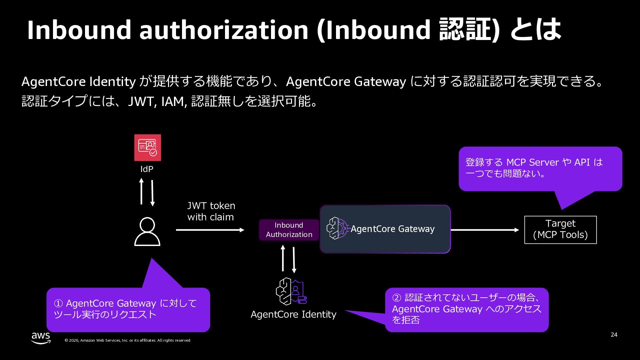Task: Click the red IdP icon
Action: click(147, 148)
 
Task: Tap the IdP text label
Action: click(147, 169)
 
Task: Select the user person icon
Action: click(147, 231)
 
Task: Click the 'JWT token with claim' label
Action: click(211, 211)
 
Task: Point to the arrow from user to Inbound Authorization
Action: click(210, 230)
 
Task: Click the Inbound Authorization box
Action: click(289, 230)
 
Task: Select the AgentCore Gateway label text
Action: click(392, 229)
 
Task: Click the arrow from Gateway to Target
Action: click(485, 230)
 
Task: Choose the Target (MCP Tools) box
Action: click(560, 230)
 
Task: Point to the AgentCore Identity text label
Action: click(293, 314)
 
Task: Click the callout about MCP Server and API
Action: click(540, 168)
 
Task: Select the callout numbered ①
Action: click(128, 309)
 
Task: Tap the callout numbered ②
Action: click(467, 309)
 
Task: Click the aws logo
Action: click(41, 338)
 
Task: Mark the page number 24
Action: click(614, 335)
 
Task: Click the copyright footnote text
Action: click(128, 340)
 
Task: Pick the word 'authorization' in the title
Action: click(224, 30)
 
